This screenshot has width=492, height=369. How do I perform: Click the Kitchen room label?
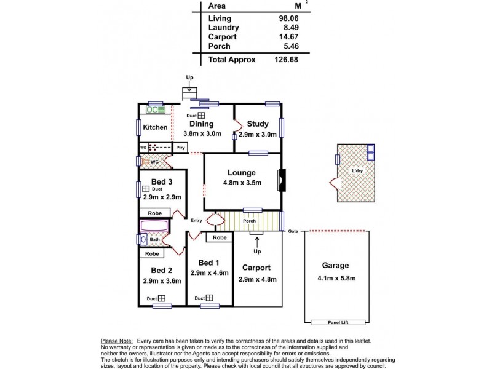click(155, 128)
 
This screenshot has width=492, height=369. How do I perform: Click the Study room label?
click(257, 124)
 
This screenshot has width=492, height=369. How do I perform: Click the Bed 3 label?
click(161, 181)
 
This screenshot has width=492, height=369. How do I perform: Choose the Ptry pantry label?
click(180, 148)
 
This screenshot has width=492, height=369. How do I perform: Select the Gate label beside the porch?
click(293, 231)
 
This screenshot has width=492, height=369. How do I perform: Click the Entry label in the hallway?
click(197, 220)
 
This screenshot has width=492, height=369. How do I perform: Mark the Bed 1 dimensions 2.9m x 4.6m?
click(208, 272)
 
